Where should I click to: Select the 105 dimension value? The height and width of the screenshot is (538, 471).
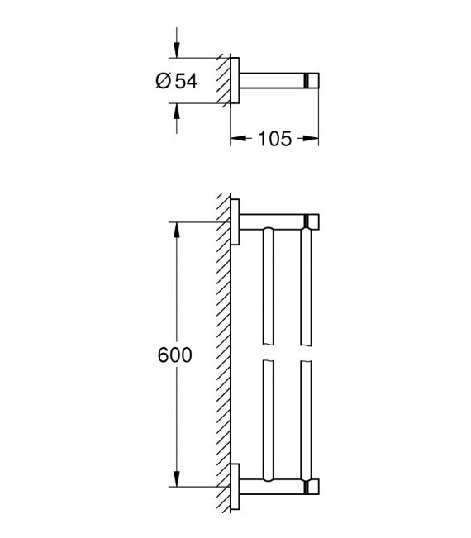pos(275,139)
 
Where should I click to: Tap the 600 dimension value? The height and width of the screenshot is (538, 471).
pos(174,355)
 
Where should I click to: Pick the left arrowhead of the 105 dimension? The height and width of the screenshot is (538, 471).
pos(235,139)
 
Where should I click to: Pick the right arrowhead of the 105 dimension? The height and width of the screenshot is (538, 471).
pos(314,139)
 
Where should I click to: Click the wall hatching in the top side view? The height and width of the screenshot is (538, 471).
pos(224,80)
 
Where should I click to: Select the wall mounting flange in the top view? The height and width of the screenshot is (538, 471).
pos(235,80)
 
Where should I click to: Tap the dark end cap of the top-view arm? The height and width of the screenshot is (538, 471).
pos(312,80)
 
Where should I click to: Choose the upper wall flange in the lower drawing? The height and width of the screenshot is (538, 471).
pos(235,222)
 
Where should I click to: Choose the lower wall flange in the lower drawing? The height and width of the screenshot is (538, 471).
pos(235,487)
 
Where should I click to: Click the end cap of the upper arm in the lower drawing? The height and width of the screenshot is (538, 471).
pos(312,222)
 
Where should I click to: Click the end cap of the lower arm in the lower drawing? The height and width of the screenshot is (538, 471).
pos(312,487)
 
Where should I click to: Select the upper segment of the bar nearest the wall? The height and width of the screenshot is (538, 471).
pos(267,285)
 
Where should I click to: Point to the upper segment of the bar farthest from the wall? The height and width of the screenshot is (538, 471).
pos(307,285)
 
